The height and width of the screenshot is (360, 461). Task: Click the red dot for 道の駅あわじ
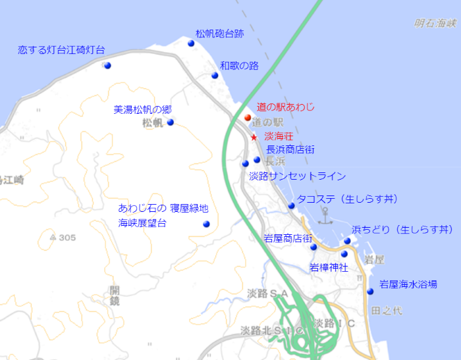click(248, 118)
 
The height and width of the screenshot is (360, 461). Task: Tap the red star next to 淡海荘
click(254, 138)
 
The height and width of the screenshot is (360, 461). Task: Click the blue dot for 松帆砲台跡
click(191, 43)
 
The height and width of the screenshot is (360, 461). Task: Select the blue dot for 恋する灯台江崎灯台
click(107, 65)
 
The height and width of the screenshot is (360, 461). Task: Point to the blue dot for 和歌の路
click(215, 75)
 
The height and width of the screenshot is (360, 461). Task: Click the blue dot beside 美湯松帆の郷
click(170, 122)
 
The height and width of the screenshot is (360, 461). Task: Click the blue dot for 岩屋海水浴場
click(370, 291)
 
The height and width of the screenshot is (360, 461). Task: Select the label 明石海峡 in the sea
click(435, 24)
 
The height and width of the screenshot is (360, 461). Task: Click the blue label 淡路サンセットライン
click(297, 176)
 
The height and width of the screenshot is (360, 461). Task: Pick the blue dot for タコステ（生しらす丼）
click(291, 206)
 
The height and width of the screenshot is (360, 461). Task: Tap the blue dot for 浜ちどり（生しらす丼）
click(347, 241)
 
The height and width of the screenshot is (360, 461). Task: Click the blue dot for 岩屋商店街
click(313, 247)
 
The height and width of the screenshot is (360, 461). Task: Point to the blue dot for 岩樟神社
click(344, 253)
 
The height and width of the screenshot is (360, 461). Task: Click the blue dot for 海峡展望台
click(206, 224)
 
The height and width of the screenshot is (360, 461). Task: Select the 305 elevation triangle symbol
click(53, 237)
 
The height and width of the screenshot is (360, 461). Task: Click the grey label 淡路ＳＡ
click(269, 293)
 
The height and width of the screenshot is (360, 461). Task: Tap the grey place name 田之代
click(386, 310)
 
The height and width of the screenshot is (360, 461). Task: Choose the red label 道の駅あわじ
click(286, 107)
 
